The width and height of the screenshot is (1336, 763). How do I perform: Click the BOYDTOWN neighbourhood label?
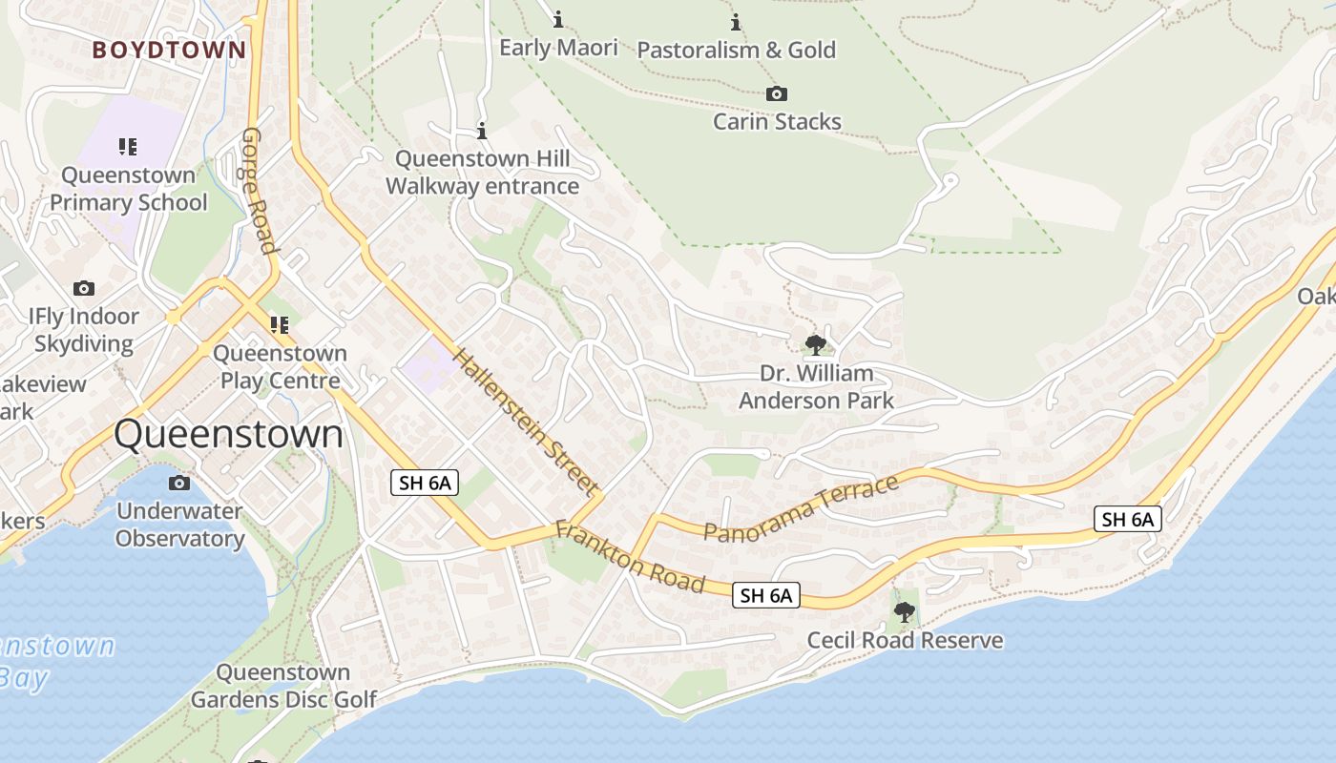(x=169, y=51)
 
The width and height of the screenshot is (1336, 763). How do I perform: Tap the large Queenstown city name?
(x=228, y=434)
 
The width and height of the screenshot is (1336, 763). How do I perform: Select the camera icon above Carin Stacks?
(x=777, y=93)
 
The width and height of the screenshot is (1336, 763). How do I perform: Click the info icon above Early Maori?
(x=558, y=19)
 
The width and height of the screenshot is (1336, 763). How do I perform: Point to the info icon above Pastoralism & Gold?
(x=736, y=22)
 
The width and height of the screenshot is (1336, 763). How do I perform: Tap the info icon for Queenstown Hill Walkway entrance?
(x=482, y=131)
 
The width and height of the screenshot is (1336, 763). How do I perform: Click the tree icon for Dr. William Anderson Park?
(x=815, y=344)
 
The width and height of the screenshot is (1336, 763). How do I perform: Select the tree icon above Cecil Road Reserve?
(x=905, y=611)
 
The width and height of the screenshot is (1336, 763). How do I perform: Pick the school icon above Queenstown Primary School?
(x=128, y=147)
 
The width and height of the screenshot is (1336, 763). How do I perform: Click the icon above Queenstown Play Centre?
(x=279, y=325)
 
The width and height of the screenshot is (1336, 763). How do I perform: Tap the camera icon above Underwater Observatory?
(x=178, y=483)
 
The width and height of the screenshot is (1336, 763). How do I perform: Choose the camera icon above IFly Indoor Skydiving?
(x=84, y=288)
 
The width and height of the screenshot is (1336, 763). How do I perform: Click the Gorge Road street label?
(x=259, y=191)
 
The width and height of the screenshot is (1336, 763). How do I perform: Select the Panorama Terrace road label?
(x=802, y=507)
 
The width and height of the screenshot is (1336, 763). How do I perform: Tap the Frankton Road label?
(x=630, y=557)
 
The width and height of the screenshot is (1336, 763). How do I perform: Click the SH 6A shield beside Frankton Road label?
(x=766, y=596)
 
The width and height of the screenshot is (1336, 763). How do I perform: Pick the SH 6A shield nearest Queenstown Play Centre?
(x=425, y=483)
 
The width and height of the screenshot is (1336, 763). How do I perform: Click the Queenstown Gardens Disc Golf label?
(x=283, y=686)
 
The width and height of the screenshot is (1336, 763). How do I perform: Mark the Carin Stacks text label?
(x=777, y=122)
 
